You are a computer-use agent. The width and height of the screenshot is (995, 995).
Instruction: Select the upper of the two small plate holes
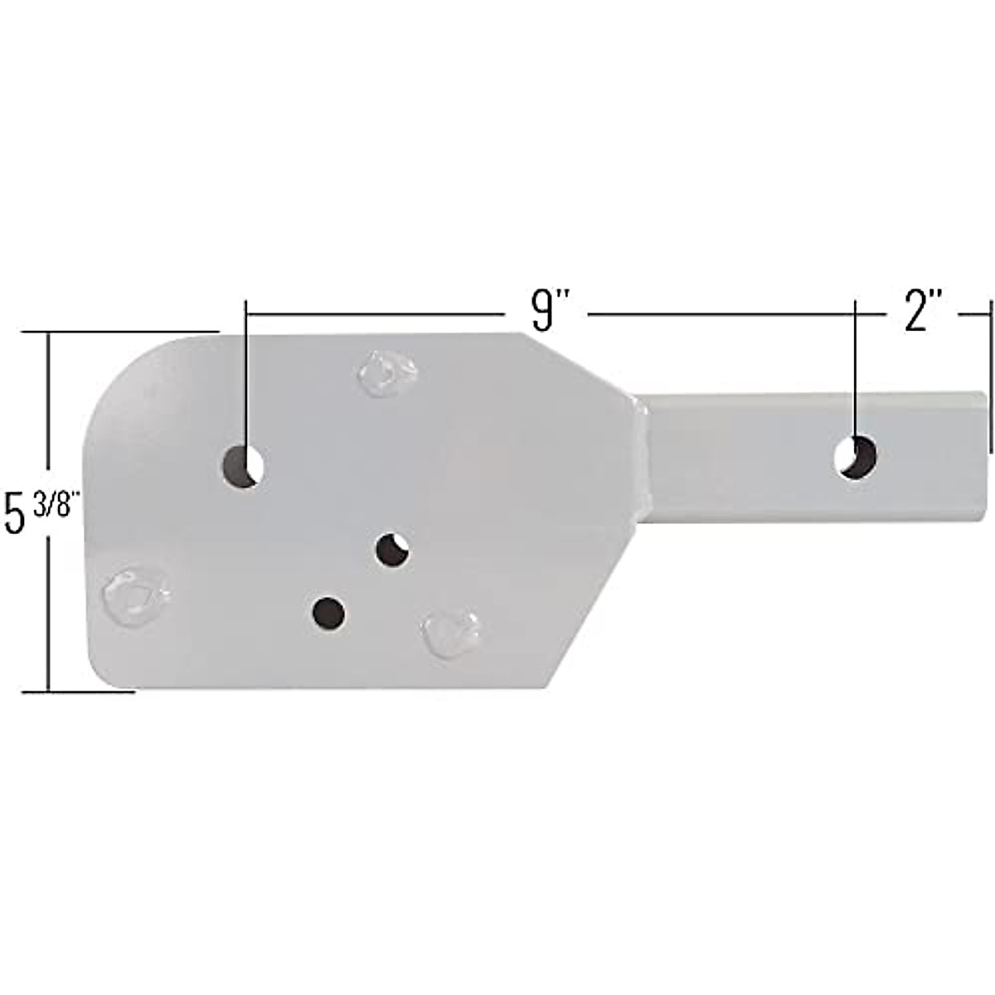pyautogui.click(x=394, y=550)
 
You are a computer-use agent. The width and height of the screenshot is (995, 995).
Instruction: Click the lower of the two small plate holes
pyautogui.click(x=329, y=614)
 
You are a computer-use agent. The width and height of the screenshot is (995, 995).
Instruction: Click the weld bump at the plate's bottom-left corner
pyautogui.click(x=136, y=599)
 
